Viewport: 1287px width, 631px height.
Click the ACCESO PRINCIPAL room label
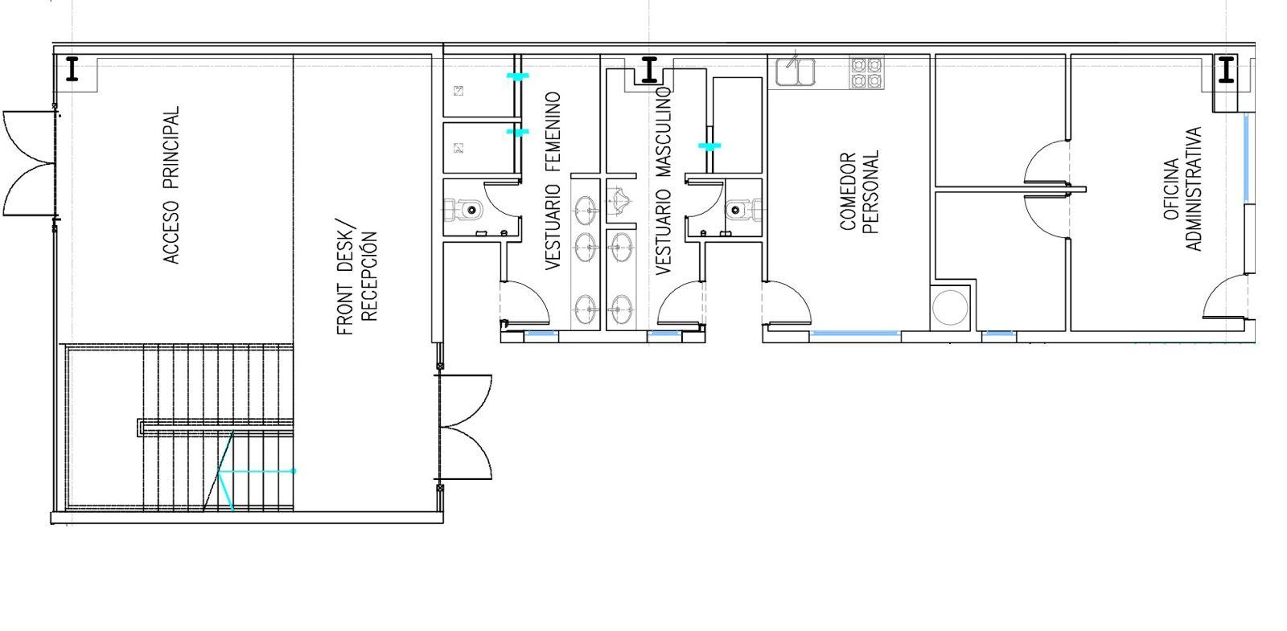(x=171, y=185)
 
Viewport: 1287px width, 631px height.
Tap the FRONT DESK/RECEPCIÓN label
(x=357, y=277)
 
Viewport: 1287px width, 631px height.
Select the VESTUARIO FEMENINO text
(x=552, y=181)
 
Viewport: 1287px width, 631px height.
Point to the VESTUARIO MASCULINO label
(x=663, y=181)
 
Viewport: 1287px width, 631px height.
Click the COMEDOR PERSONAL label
(x=860, y=192)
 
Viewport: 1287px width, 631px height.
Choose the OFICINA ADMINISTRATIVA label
(x=1183, y=189)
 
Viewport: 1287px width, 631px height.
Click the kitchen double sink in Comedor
(x=796, y=72)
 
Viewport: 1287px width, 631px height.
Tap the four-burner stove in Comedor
(x=866, y=72)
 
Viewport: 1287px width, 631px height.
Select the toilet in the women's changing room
(x=463, y=210)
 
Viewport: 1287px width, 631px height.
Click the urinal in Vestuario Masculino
(x=620, y=200)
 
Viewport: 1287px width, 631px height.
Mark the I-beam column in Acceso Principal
(x=72, y=69)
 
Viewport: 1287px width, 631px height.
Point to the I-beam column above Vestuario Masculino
(x=649, y=69)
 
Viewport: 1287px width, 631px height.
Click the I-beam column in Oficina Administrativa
(x=1226, y=69)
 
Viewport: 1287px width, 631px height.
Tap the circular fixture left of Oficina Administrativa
(x=950, y=307)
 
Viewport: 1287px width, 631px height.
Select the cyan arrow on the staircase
(x=257, y=471)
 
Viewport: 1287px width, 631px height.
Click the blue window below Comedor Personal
(x=854, y=333)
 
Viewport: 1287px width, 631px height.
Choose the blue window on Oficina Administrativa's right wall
(x=1246, y=158)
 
